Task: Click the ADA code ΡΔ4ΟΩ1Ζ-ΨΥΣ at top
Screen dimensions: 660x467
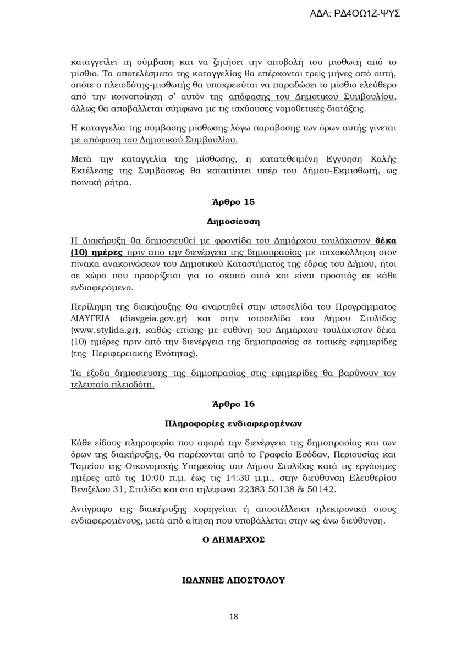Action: click(x=355, y=13)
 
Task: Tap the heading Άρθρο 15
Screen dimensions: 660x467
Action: click(x=233, y=202)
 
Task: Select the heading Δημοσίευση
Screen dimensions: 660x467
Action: click(x=233, y=222)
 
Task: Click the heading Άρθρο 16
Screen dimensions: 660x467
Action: click(x=233, y=404)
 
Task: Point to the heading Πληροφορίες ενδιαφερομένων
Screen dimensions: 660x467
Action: click(x=233, y=424)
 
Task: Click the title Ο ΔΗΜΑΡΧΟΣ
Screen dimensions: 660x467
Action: click(x=233, y=540)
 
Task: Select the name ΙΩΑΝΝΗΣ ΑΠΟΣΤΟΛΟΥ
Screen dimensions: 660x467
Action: click(x=233, y=580)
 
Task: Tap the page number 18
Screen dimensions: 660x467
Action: click(x=233, y=617)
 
